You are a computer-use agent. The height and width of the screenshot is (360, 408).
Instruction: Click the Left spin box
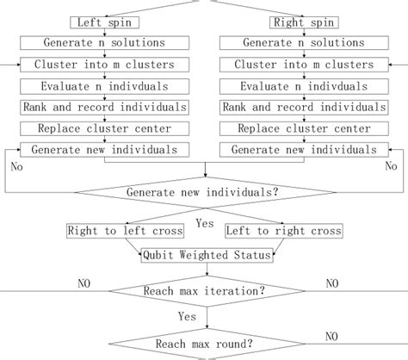[x=103, y=22]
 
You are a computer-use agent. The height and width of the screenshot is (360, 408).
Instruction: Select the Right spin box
[x=302, y=22]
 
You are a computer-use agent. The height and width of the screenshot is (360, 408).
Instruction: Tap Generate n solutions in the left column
[x=103, y=42]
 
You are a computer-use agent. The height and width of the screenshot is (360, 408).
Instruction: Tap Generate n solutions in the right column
[x=302, y=42]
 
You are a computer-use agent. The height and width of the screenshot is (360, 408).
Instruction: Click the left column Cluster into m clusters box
[x=103, y=64]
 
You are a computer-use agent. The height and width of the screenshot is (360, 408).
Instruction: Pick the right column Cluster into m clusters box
[x=302, y=64]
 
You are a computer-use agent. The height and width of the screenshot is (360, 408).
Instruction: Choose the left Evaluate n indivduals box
[x=103, y=85]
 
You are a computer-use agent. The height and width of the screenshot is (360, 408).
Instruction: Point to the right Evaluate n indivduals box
[x=302, y=85]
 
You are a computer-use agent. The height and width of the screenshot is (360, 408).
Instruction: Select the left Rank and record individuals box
[x=103, y=107]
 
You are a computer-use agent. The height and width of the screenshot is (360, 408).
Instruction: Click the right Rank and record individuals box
[x=302, y=107]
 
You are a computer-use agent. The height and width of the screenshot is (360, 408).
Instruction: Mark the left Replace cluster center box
[x=103, y=127]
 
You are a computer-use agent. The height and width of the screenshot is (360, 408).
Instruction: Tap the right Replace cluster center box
[x=302, y=127]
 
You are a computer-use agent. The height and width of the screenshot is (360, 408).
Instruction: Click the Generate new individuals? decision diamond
[x=203, y=193]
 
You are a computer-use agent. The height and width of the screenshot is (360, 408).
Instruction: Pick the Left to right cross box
[x=284, y=231]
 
